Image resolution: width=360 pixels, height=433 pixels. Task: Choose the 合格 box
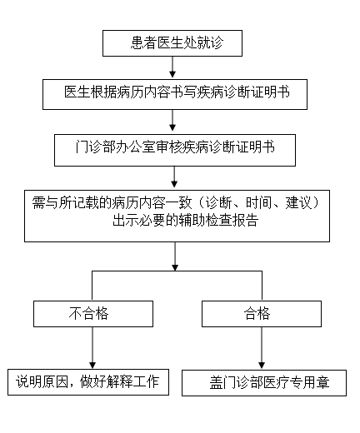click(260, 313)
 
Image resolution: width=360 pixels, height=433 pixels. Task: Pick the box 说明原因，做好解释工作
click(88, 382)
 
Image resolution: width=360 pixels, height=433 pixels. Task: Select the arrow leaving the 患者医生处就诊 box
click(172, 67)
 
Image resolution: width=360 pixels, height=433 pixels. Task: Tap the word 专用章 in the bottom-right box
click(309, 383)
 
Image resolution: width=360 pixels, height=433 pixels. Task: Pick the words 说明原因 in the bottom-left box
click(44, 382)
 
